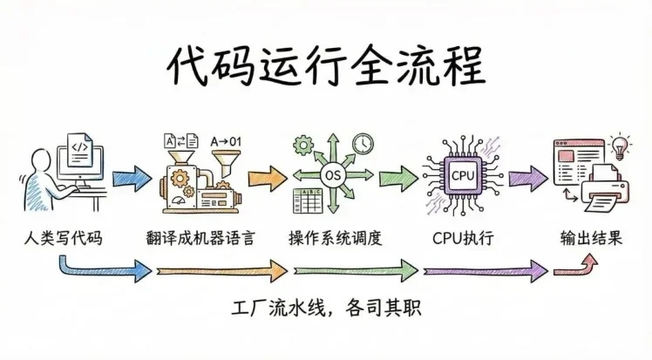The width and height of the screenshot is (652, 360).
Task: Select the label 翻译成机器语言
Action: [201, 237]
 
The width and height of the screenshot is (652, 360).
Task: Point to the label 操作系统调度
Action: [335, 237]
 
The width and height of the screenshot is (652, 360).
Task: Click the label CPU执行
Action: [459, 237]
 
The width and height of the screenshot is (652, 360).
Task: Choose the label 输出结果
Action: [591, 237]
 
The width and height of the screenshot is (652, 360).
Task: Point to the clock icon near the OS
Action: [362, 142]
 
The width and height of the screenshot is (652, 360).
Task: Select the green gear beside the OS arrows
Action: [303, 144]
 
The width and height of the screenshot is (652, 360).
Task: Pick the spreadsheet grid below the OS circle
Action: [308, 203]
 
